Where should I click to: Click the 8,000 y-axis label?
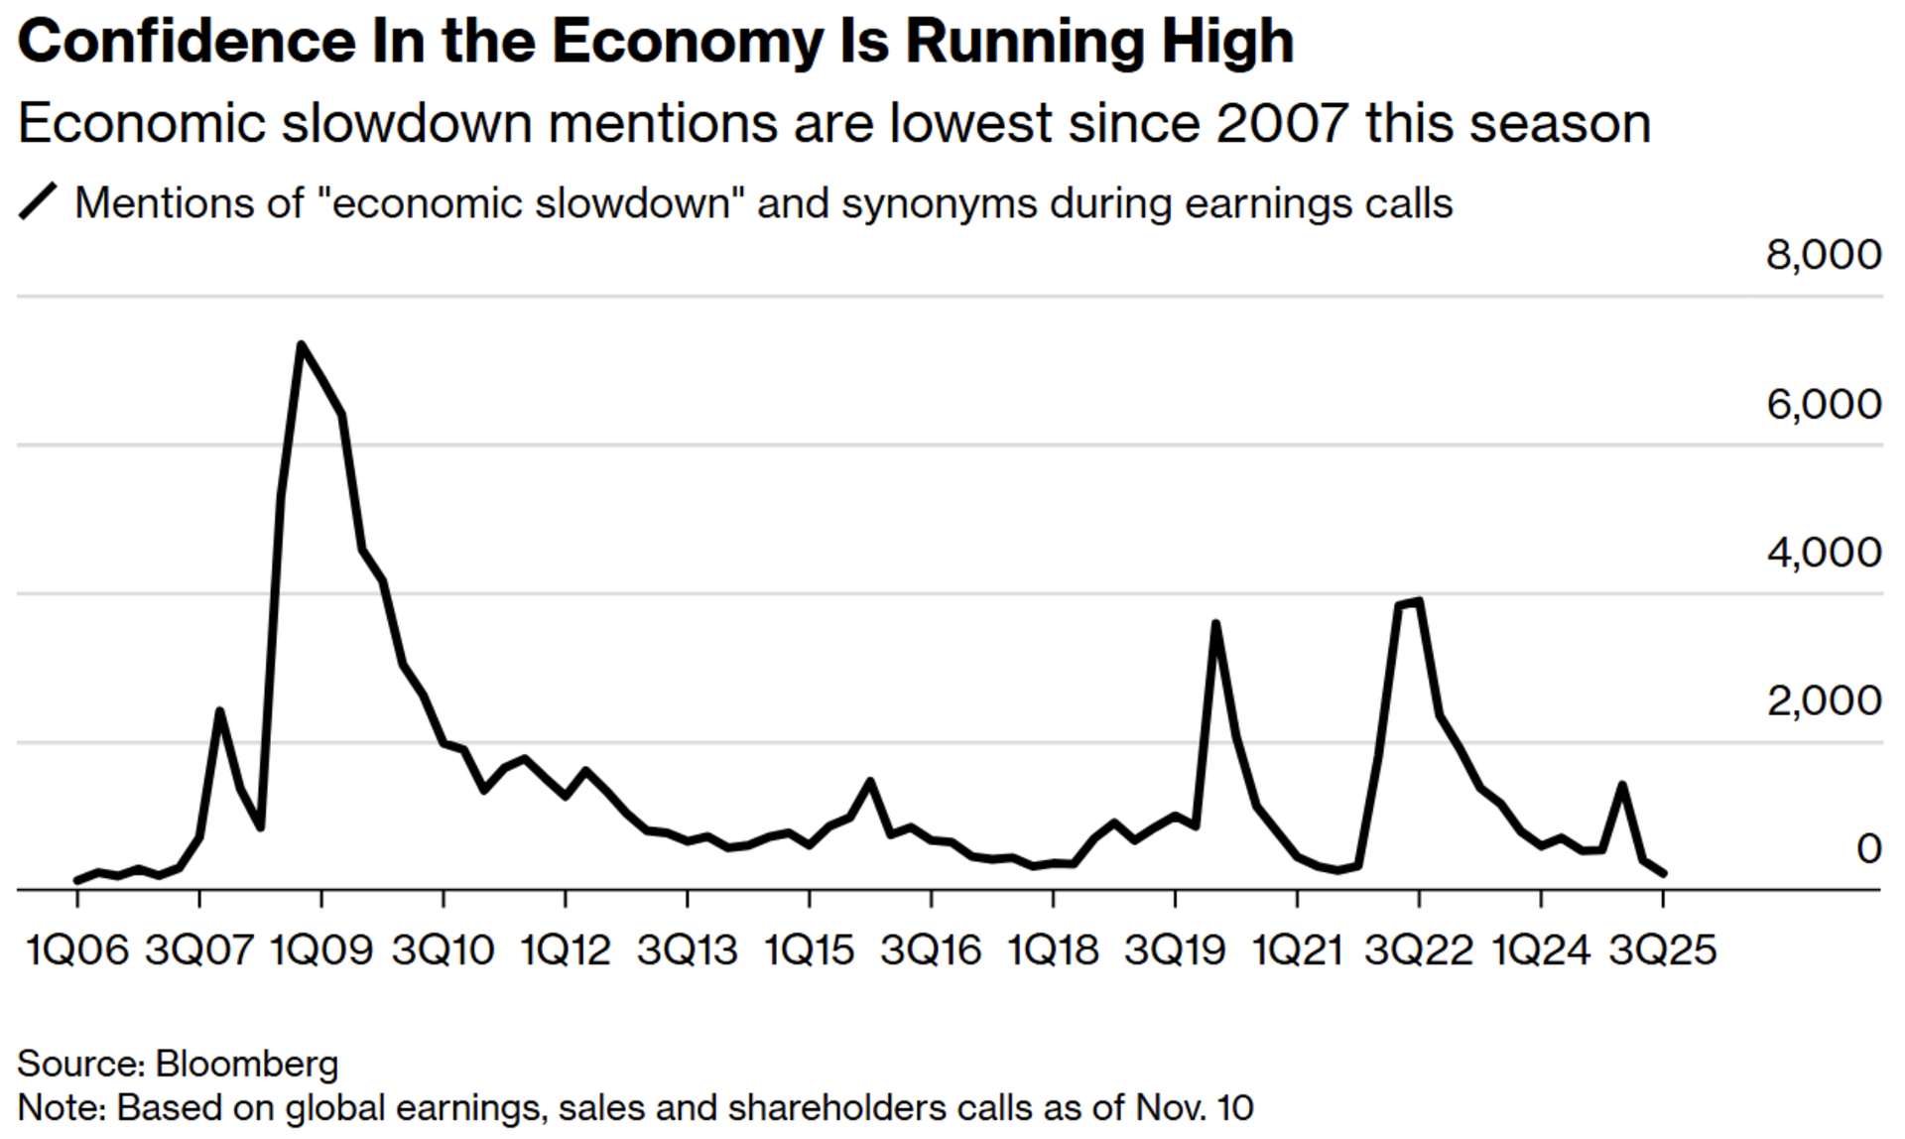pyautogui.click(x=1823, y=255)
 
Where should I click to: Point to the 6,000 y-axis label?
pyautogui.click(x=1823, y=404)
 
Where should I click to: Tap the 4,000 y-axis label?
pyautogui.click(x=1823, y=553)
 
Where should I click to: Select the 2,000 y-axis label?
pyautogui.click(x=1823, y=701)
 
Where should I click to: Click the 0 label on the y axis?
pyautogui.click(x=1868, y=849)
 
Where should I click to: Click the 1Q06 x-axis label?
pyautogui.click(x=77, y=950)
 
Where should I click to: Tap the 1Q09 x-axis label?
pyautogui.click(x=321, y=950)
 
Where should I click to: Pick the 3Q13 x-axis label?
pyautogui.click(x=687, y=950)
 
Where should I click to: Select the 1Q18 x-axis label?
pyautogui.click(x=1053, y=950)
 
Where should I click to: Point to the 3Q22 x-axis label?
pyautogui.click(x=1419, y=950)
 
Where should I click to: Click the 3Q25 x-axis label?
pyautogui.click(x=1662, y=950)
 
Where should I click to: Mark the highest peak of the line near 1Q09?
pyautogui.click(x=301, y=345)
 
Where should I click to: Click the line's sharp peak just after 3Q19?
pyautogui.click(x=1215, y=623)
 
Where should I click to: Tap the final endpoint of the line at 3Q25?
pyautogui.click(x=1664, y=874)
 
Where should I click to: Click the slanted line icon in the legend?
pyautogui.click(x=39, y=202)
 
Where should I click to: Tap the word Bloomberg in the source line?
pyautogui.click(x=247, y=1064)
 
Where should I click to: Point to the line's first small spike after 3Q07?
pyautogui.click(x=219, y=710)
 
